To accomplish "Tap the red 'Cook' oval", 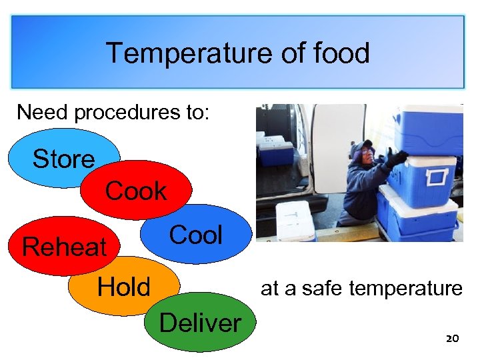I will click(x=136, y=191).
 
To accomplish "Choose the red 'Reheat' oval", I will click(x=64, y=247).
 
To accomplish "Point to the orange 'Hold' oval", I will click(x=124, y=287).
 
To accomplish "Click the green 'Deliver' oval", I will click(x=200, y=323).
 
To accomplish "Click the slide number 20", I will click(x=452, y=339).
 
